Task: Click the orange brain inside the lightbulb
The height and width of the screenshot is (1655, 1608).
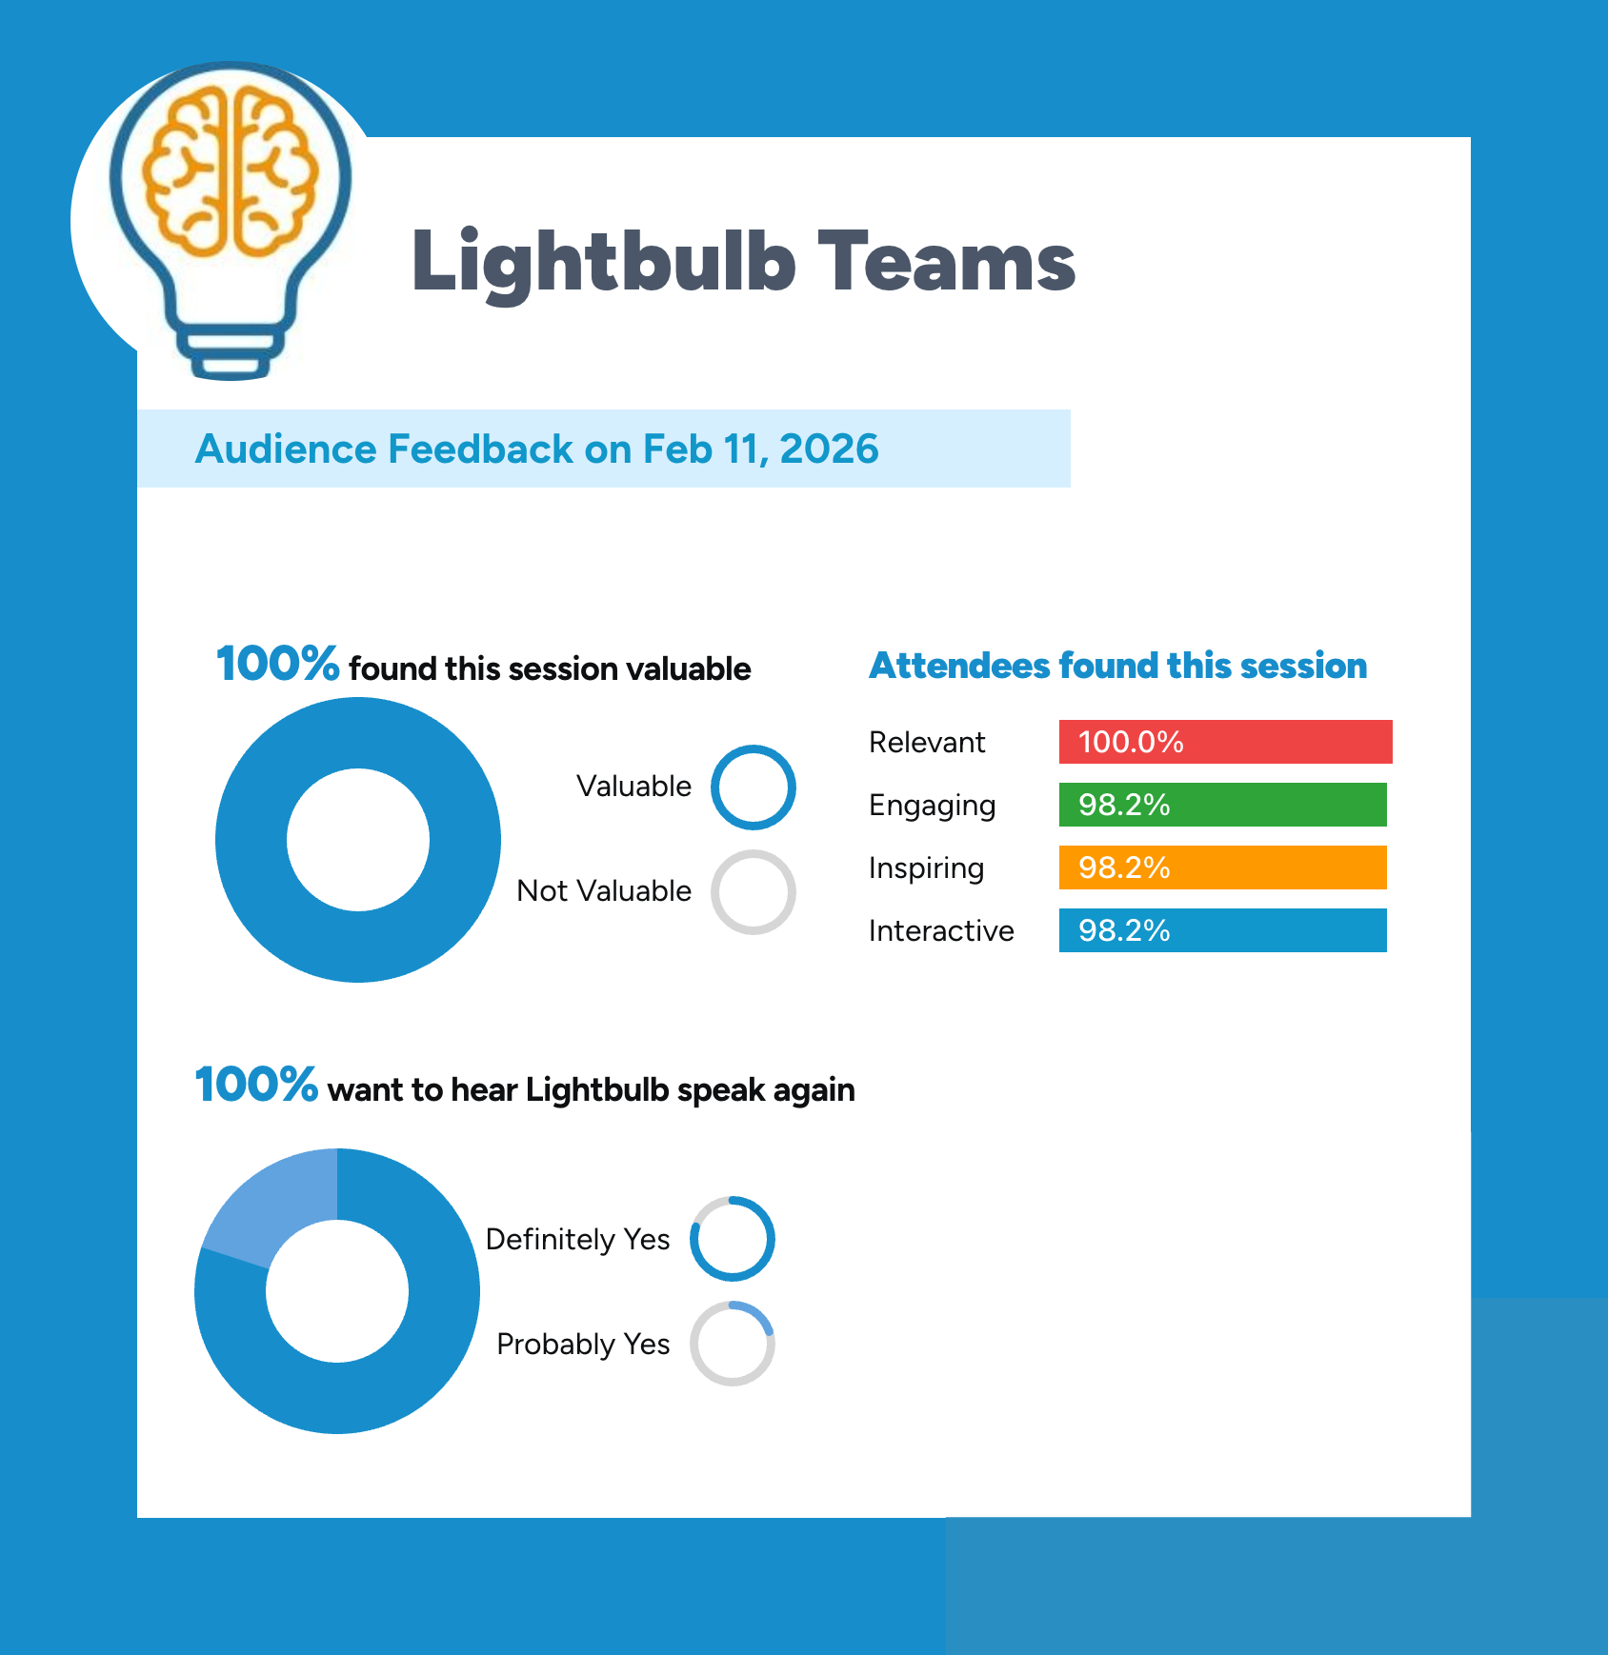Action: (x=230, y=172)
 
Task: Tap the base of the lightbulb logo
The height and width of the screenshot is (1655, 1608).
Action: (x=230, y=354)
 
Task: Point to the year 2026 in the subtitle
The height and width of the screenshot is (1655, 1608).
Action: (x=829, y=449)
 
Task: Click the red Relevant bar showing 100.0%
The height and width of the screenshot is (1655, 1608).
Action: (x=1225, y=742)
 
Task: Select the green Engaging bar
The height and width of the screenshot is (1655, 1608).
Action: (x=1222, y=805)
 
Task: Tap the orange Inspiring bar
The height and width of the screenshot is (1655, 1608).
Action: (x=1222, y=867)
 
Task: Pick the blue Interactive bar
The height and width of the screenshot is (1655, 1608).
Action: (x=1222, y=930)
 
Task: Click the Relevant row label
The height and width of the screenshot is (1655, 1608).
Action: (x=927, y=742)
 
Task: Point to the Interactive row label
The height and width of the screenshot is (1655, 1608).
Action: (x=941, y=930)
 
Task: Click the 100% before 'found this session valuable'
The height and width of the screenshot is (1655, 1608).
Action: (x=277, y=664)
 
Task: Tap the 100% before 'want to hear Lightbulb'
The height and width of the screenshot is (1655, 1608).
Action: (x=256, y=1085)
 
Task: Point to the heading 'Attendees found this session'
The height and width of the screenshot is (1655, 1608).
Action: (x=1118, y=666)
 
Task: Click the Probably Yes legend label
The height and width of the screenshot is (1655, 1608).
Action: (x=583, y=1345)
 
